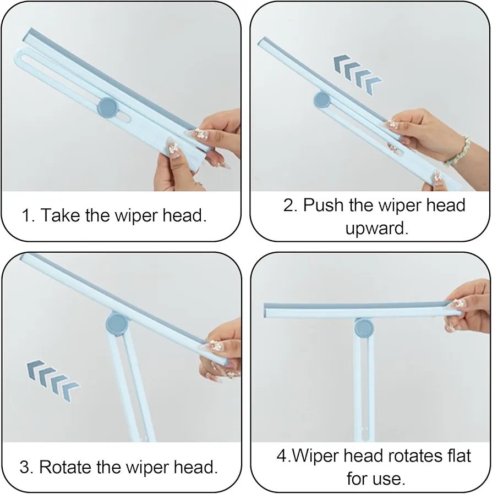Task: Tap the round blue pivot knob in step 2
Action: point(322,100)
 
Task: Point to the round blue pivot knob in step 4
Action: point(364,328)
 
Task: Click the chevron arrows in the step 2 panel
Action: point(357,74)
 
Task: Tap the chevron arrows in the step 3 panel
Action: point(53,381)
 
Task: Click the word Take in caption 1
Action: point(61,215)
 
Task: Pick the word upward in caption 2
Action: point(377,229)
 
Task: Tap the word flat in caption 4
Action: point(459,456)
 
